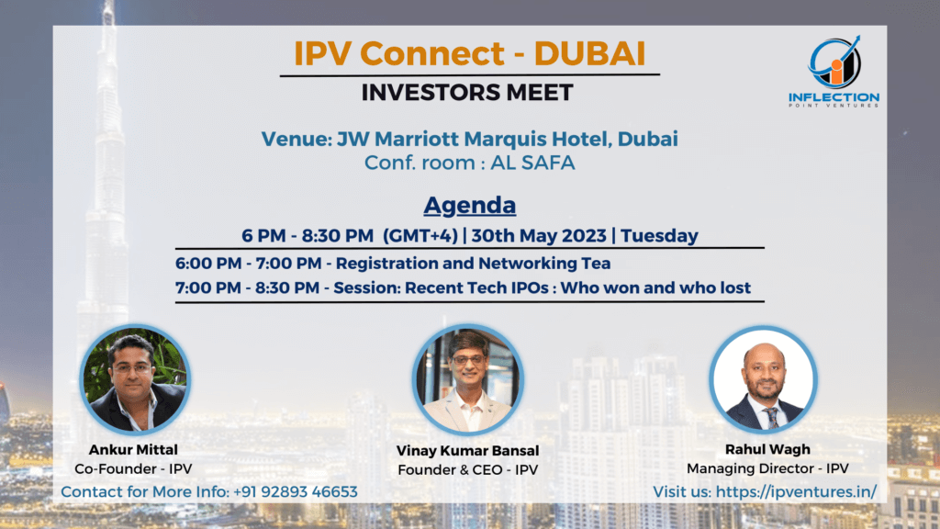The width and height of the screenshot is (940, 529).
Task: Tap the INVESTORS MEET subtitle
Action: point(467,93)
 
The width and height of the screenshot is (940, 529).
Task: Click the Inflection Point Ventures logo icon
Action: point(834,62)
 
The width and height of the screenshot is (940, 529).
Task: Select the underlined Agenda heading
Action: point(469,203)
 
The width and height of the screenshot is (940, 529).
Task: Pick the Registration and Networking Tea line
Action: point(393,263)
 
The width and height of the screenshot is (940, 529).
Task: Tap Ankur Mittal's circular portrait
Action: point(135,378)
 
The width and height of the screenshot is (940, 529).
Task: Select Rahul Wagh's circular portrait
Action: point(763,379)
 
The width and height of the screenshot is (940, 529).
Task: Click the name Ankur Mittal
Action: point(134,450)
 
